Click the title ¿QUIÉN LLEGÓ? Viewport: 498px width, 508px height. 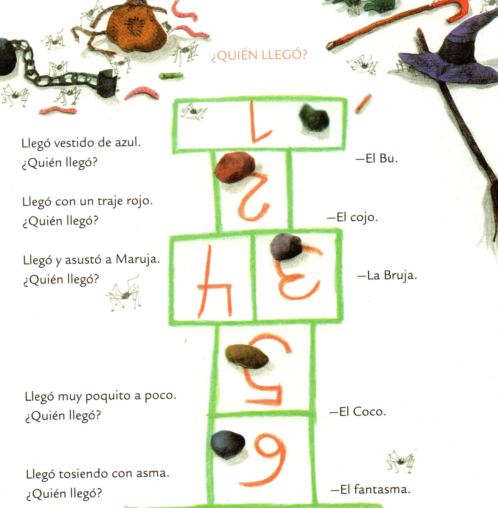coord(259,55)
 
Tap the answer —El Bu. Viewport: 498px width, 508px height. coord(376,158)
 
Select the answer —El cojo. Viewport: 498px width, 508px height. coord(352,218)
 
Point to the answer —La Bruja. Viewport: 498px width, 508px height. coord(387,275)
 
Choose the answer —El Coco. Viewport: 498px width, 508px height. coord(358,411)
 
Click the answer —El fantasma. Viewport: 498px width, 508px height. coord(371,489)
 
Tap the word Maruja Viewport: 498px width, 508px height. coord(138,259)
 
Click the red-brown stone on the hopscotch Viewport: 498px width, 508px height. coord(235,167)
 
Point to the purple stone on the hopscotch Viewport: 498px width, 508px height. coord(286,246)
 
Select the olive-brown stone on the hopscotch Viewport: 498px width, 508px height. coord(247,356)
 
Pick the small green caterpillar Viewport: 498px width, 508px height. coord(171,75)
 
